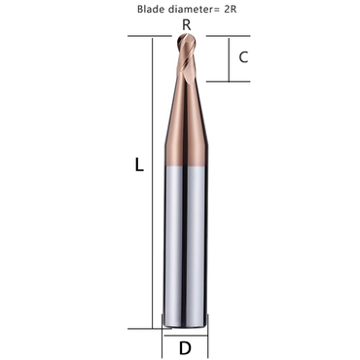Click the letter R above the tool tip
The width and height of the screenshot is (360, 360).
click(x=185, y=22)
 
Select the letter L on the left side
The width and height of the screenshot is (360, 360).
click(x=139, y=165)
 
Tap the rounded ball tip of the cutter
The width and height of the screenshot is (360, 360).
click(x=185, y=39)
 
